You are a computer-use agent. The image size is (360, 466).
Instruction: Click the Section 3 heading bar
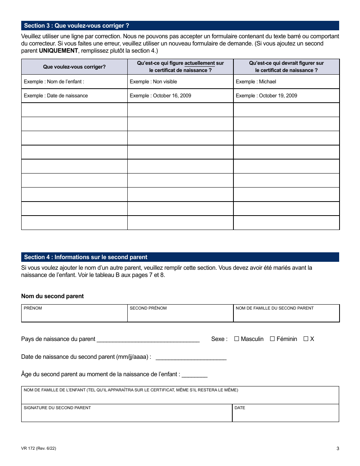[x=180, y=26]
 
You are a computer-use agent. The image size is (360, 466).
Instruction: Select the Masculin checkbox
[x=236, y=339]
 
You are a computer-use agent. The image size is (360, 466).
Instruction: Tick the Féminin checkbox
[x=272, y=339]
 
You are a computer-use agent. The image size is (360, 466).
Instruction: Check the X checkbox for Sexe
[x=306, y=339]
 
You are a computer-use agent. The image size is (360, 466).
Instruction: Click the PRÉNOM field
[x=74, y=314]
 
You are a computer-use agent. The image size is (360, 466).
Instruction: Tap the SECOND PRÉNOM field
[x=180, y=314]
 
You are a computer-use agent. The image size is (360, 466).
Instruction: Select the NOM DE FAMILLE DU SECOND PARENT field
[x=286, y=314]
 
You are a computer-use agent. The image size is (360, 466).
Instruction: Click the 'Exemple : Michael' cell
[x=286, y=81]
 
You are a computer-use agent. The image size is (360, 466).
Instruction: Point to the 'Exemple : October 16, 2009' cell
[x=180, y=95]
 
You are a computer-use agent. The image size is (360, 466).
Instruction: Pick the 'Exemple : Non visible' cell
[x=180, y=81]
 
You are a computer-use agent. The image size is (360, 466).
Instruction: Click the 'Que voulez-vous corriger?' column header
[x=74, y=67]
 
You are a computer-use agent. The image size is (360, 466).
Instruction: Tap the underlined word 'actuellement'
[x=200, y=63]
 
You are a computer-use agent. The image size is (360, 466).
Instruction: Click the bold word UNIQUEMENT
[x=59, y=51]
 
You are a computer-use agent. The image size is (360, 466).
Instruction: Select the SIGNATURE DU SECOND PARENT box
[x=127, y=413]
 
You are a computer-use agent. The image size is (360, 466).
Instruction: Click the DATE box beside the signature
[x=285, y=413]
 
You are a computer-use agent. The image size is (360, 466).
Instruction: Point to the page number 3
[x=338, y=449]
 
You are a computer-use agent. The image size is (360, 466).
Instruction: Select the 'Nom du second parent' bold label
[x=52, y=296]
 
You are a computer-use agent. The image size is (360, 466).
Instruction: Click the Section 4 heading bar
[x=180, y=257]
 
